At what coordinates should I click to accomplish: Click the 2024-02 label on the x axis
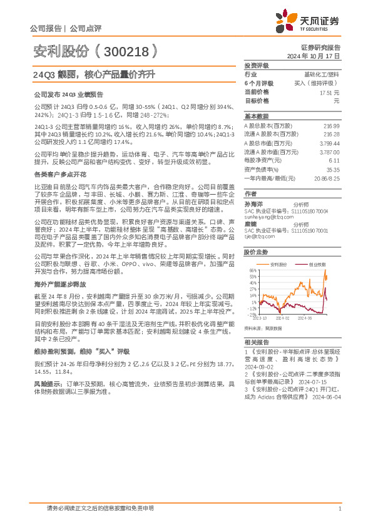pyautogui.click(x=284, y=318)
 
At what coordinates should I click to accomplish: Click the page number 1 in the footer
pyautogui.click(x=339, y=508)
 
